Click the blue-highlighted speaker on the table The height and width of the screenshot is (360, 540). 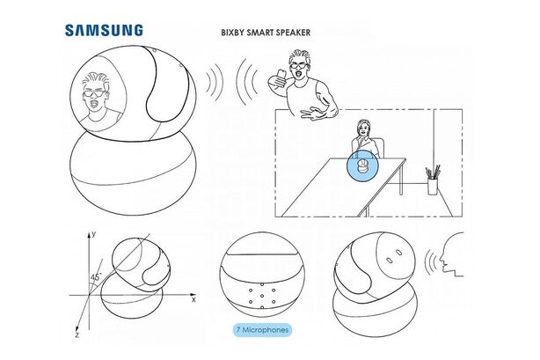click(x=361, y=166)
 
